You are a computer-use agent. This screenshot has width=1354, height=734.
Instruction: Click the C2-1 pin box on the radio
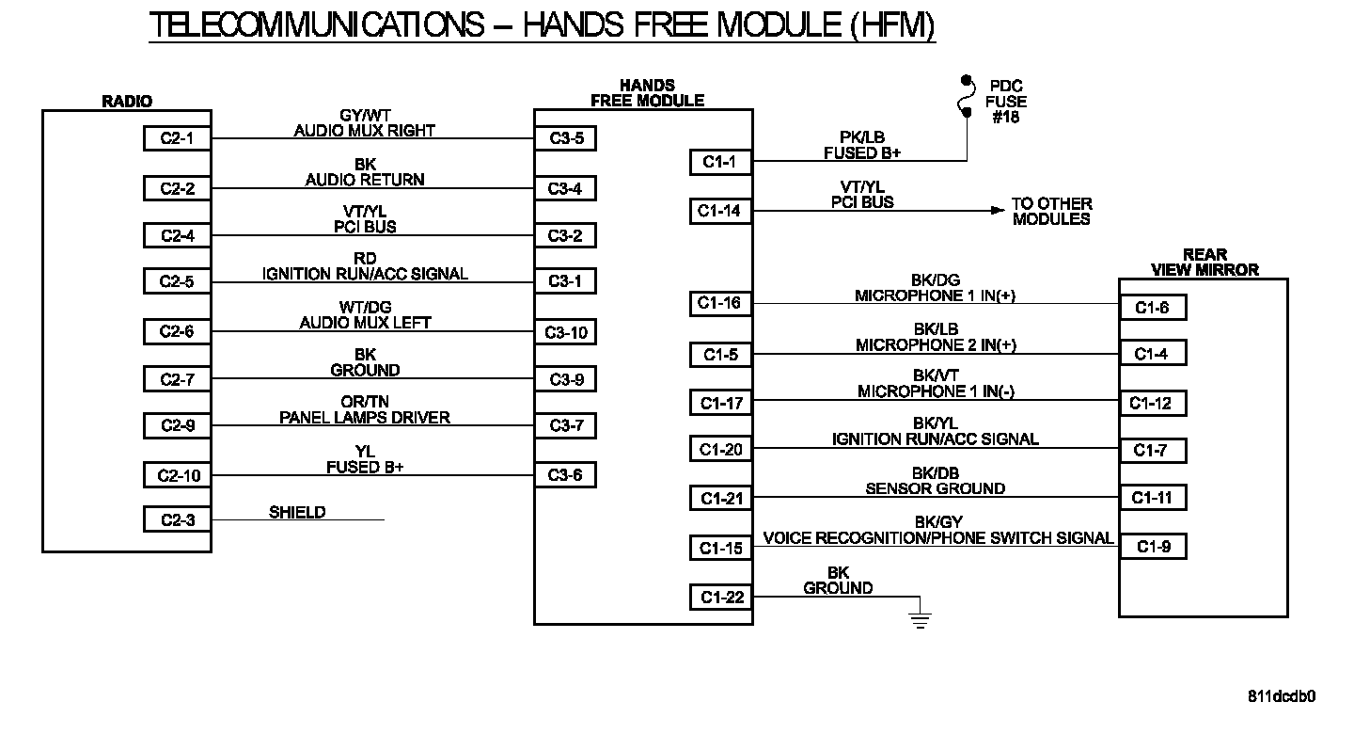point(177,138)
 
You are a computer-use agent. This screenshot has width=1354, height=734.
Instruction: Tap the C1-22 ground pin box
point(720,597)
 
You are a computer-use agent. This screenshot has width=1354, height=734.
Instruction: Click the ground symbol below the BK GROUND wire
point(920,619)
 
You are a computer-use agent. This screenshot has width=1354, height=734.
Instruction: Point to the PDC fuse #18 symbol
point(965,97)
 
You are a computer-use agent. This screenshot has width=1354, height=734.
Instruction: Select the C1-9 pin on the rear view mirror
point(1153,547)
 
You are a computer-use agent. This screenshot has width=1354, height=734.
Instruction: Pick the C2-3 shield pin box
point(177,519)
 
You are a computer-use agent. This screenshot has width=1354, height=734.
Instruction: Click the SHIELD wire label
point(297,513)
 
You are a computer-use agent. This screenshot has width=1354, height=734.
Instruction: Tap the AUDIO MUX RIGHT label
point(365,131)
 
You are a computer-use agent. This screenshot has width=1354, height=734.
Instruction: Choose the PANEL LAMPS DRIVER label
point(365,417)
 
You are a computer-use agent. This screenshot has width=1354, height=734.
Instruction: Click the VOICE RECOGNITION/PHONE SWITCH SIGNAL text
point(938,538)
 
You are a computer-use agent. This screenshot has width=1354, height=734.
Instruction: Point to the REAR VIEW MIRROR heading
point(1204,263)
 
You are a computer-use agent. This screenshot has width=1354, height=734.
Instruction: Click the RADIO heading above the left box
point(127,102)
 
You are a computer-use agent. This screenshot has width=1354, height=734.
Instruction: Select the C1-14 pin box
point(720,211)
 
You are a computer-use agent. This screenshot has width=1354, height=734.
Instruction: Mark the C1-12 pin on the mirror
point(1153,404)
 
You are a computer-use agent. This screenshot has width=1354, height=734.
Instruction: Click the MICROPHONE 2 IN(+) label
point(936,345)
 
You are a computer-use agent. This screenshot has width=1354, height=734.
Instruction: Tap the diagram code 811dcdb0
point(1282,696)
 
